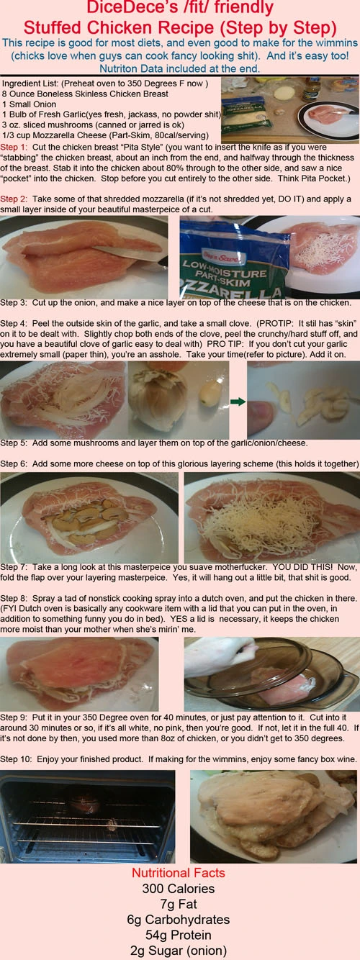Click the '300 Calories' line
click(x=179, y=889)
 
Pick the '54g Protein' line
click(x=179, y=935)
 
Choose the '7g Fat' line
click(x=179, y=904)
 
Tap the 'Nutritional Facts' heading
click(x=179, y=873)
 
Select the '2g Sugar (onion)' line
click(x=179, y=951)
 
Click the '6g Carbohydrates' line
click(x=179, y=920)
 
